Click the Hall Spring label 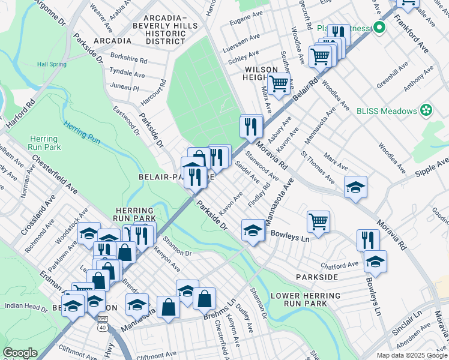click(50, 64)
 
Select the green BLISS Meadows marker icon click(426, 110)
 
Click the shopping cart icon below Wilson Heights click(279, 85)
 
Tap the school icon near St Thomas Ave click(355, 187)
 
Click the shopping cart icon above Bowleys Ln click(318, 221)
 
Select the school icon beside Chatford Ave click(375, 261)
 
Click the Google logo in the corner click(20, 353)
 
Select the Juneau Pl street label click(124, 88)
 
